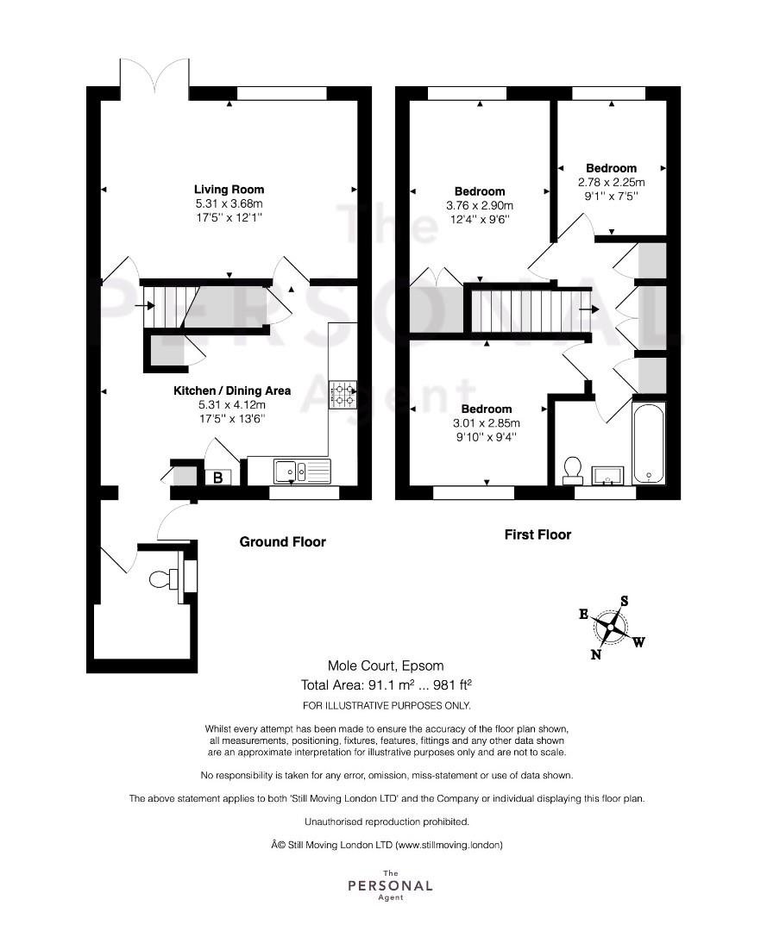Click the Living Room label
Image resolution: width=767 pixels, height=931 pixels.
(229, 190)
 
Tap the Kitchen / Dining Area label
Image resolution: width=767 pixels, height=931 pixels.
(232, 391)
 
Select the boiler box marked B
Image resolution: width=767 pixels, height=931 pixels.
(218, 478)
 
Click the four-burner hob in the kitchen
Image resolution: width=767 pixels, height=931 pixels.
(343, 394)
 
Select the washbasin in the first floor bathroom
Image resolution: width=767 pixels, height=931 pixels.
(607, 476)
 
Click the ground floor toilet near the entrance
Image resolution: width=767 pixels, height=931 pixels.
(164, 578)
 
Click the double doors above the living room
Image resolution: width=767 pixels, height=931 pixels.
(155, 74)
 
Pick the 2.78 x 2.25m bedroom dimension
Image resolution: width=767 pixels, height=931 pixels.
(612, 182)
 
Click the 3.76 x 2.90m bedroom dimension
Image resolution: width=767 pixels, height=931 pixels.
(480, 205)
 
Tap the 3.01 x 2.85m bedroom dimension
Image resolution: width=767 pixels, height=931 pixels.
(487, 423)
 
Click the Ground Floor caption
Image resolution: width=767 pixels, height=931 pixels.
(283, 541)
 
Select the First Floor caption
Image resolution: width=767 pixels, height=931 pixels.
(538, 534)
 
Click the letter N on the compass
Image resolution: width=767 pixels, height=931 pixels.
(595, 654)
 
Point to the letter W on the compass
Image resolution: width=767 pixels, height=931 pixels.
(638, 642)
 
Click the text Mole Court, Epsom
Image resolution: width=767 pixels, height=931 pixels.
(387, 665)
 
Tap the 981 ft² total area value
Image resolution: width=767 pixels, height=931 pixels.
(453, 684)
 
